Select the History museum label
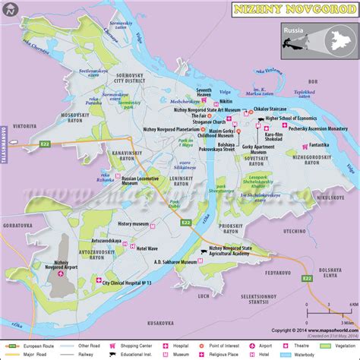[x=136, y=224]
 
